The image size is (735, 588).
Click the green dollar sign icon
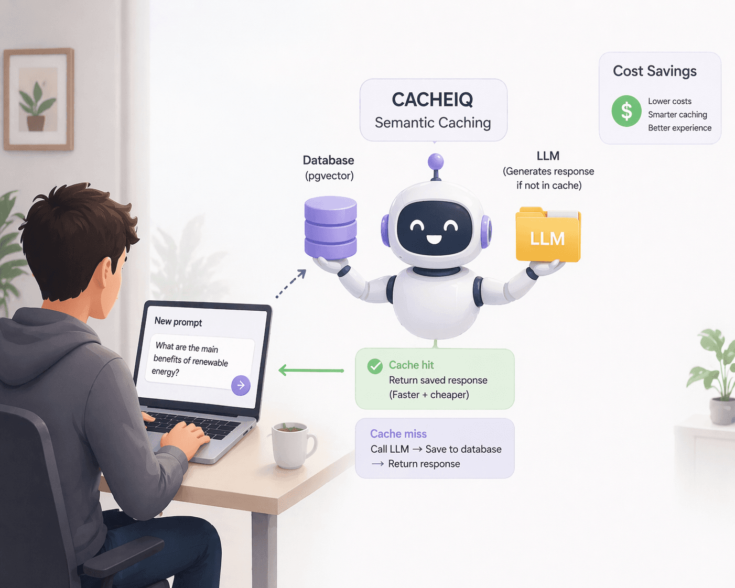click(626, 111)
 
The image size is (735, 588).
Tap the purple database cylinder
click(331, 227)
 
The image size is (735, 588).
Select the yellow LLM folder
click(548, 237)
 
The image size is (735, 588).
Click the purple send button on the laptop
click(241, 385)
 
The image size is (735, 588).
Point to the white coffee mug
click(291, 445)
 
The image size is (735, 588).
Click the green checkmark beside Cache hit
click(375, 366)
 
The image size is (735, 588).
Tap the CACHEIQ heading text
click(433, 100)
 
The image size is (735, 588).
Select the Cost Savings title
click(655, 71)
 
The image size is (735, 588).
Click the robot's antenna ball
click(436, 161)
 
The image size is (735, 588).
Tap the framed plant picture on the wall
click(38, 100)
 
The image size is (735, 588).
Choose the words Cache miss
click(398, 434)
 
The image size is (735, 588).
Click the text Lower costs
click(669, 101)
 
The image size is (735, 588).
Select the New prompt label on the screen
click(178, 322)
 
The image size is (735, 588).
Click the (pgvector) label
click(329, 176)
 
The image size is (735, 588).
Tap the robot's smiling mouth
click(434, 239)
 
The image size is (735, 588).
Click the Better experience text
click(679, 128)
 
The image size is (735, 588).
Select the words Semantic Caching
click(433, 123)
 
